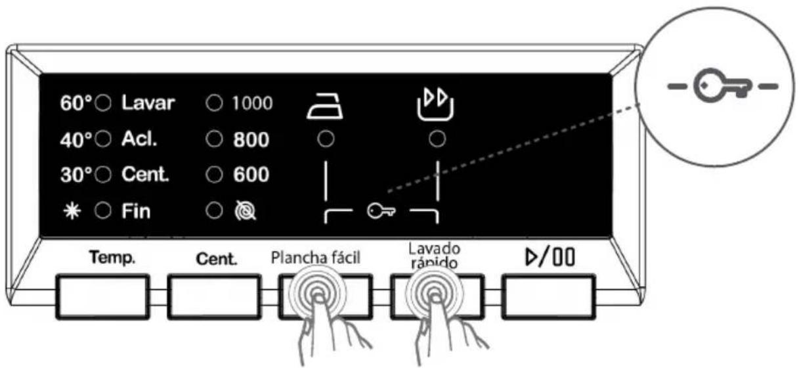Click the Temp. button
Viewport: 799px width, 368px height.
[x=102, y=297]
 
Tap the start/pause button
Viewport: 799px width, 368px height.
[x=549, y=297]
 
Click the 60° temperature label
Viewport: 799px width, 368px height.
[x=76, y=103]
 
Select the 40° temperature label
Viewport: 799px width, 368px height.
[x=76, y=139]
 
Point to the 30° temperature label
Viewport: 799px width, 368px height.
[x=76, y=175]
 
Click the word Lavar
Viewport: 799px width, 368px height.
[x=148, y=103]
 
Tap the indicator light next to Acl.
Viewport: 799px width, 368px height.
[x=104, y=139]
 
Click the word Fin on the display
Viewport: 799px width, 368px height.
[x=136, y=211]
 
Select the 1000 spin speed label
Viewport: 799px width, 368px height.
[x=252, y=104]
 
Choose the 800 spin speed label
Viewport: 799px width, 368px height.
[x=251, y=139]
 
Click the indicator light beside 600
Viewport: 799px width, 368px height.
[x=215, y=175]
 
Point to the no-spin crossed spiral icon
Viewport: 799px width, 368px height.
[x=245, y=211]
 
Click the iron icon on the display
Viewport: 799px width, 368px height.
[x=324, y=106]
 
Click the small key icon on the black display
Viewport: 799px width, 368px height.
[x=381, y=211]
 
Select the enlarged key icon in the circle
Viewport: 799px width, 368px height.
[x=723, y=85]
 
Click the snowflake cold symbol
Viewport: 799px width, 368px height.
[x=72, y=212]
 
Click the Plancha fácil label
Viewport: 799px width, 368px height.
[x=316, y=258]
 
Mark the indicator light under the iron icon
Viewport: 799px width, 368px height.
[x=326, y=139]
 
